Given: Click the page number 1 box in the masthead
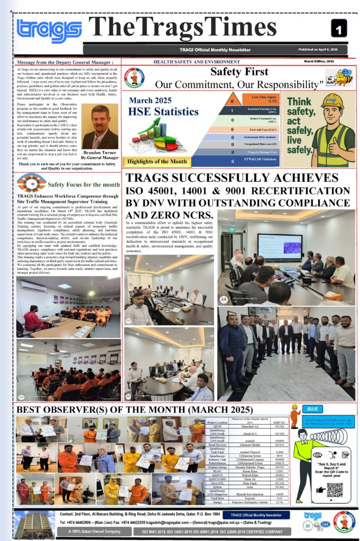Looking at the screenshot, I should (339, 28).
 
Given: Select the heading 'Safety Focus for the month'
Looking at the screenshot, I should (84, 184).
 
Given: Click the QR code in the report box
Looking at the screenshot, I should (334, 490).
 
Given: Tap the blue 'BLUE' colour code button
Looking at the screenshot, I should (312, 408).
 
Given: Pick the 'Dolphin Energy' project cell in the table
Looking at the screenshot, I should (218, 468).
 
